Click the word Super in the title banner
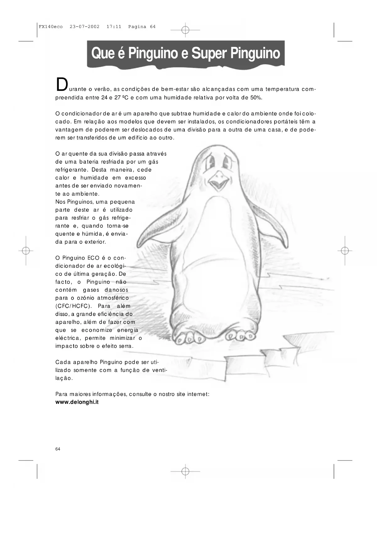tap(209, 53)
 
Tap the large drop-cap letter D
tap(62, 84)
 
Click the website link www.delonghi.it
tap(77, 402)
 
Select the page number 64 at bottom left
tap(58, 449)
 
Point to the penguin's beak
tap(219, 181)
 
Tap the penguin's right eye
tap(227, 161)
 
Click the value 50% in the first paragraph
tap(256, 98)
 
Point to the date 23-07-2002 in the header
tap(85, 27)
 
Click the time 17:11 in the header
tap(114, 27)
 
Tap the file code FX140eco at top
tap(51, 27)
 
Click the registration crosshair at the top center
tap(185, 30)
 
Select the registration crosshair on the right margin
tap(345, 251)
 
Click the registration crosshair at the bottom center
tap(185, 471)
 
